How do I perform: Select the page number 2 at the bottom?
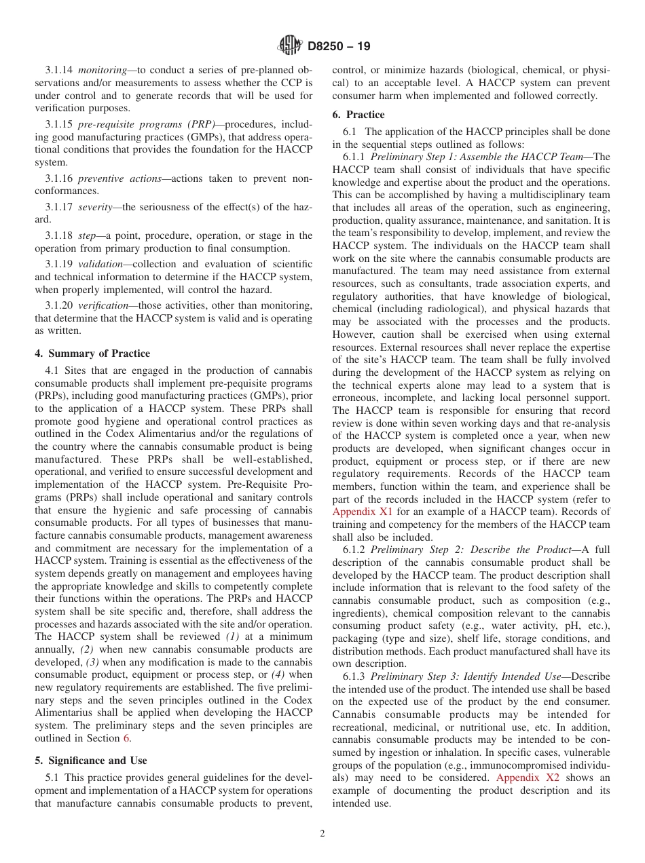click(322, 834)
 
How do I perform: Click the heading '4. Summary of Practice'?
click(92, 353)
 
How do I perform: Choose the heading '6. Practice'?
click(358, 115)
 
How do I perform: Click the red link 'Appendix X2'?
click(528, 778)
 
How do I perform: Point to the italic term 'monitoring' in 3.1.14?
click(101, 71)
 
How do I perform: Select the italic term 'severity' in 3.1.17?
click(96, 206)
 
